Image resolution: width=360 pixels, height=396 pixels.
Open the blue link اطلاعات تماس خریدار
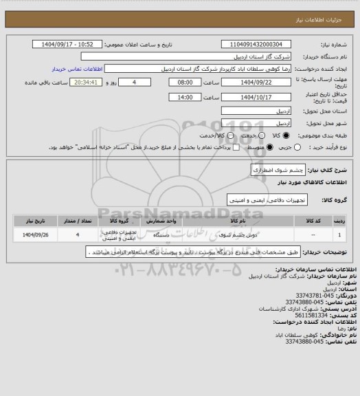click(76, 69)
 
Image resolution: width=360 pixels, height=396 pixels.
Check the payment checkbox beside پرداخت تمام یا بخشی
click(236, 148)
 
